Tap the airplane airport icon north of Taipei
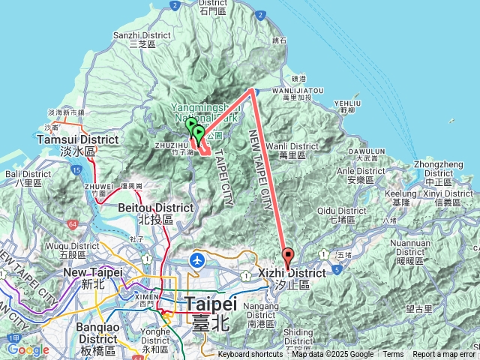196,260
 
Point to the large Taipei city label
211,304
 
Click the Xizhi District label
293,274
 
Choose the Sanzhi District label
142,35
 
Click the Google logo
28,349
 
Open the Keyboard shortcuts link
250,355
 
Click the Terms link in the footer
393,355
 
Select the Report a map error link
444,355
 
